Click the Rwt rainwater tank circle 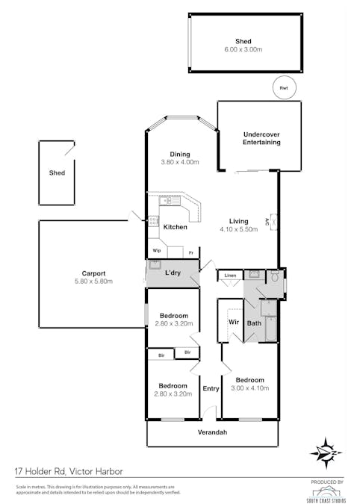[283, 87]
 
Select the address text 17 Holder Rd [43, 471]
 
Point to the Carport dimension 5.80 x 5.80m [93, 281]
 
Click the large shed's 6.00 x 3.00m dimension [243, 49]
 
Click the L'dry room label [173, 273]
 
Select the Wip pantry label [157, 251]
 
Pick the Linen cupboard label [230, 276]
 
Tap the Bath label [254, 323]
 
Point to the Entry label [211, 388]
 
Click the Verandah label [211, 433]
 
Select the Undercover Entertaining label [261, 139]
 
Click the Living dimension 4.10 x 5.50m [238, 229]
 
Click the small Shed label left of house [57, 172]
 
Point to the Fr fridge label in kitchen [191, 252]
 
